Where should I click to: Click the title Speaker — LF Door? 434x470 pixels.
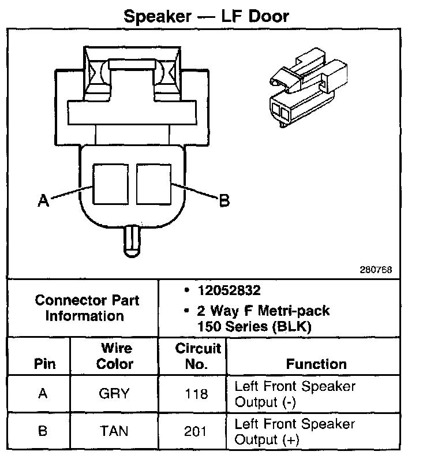point(206,16)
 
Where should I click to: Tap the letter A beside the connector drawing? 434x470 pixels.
point(43,201)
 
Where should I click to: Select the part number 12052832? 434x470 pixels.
point(227,291)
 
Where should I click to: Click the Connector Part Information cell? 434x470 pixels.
point(87,308)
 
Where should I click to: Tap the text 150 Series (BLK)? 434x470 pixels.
point(254,326)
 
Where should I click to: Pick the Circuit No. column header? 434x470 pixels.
point(198,356)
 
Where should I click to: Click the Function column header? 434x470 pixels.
point(316,364)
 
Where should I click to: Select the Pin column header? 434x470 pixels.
point(45,364)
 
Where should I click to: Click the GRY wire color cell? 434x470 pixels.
point(114,394)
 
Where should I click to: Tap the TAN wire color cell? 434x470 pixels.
point(114,431)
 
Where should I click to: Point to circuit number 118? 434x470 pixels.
point(197,394)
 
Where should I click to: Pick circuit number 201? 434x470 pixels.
point(197,431)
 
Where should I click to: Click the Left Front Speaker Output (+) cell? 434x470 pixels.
point(294,431)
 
